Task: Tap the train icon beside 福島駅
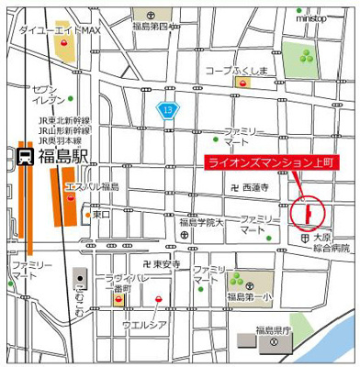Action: pos(25,155)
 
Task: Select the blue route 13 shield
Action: pos(168,110)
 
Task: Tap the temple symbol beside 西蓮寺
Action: pos(235,187)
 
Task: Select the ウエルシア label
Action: pos(144,324)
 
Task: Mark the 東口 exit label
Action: pos(100,215)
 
